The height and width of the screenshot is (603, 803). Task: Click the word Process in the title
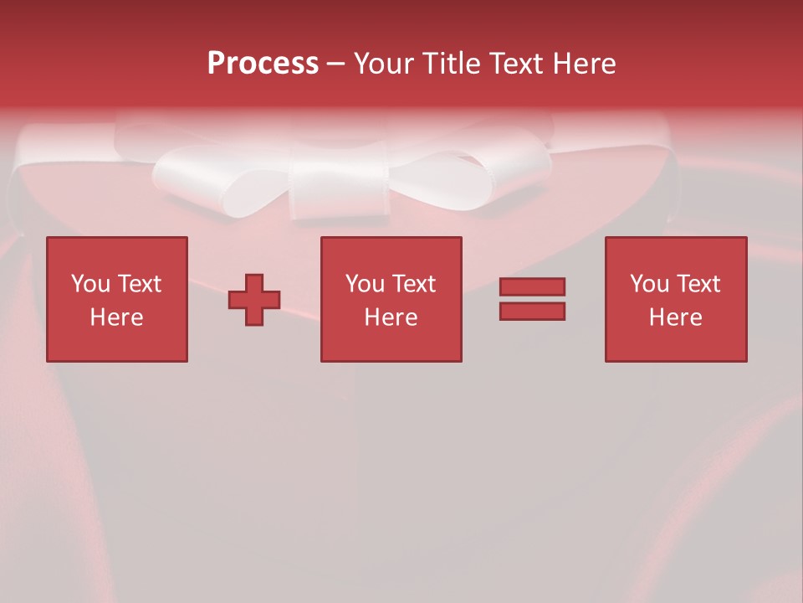(263, 64)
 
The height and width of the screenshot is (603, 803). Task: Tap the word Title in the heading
(453, 64)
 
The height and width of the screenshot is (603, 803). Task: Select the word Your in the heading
(385, 64)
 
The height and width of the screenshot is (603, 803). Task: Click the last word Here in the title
(586, 64)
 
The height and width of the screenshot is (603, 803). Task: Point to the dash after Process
(336, 64)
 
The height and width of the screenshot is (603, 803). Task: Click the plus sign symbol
(254, 299)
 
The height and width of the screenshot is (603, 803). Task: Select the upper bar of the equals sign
(532, 287)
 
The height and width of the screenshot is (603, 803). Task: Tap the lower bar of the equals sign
(532, 311)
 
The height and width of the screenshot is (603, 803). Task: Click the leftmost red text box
(117, 251)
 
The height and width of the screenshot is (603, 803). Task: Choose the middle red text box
(391, 251)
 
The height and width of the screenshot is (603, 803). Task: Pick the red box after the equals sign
(676, 251)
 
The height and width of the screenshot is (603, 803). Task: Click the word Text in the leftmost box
(140, 284)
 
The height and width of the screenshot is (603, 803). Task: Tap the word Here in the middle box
(391, 317)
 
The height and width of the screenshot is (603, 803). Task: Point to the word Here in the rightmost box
(676, 317)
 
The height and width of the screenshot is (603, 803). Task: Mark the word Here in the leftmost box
(117, 317)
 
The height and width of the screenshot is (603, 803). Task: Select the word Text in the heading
(515, 64)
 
